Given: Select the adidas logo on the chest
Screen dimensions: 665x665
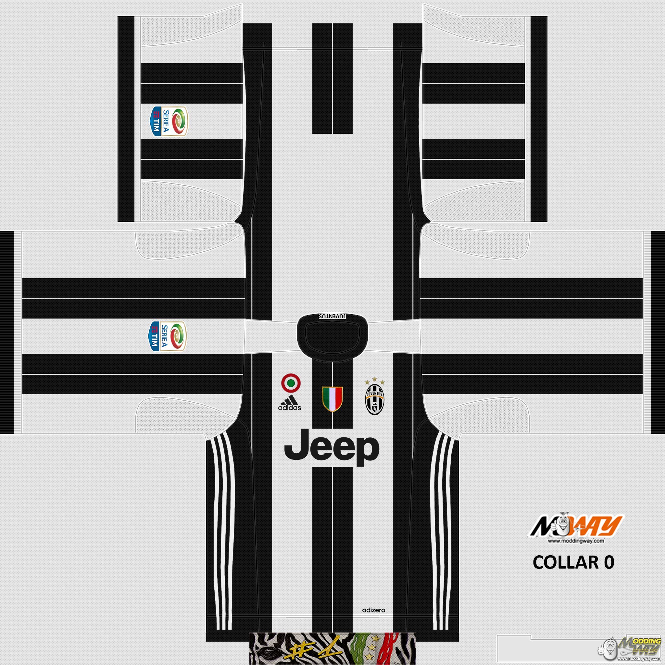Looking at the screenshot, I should [289, 403].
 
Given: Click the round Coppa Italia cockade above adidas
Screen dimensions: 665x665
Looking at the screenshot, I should [291, 383].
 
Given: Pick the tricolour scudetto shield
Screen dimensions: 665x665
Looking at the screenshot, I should [332, 399].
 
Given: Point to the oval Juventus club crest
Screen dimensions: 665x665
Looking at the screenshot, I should [374, 400].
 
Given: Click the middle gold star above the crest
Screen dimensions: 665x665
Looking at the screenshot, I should [374, 379].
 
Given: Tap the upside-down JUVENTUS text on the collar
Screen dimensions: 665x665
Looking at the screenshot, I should [332, 316].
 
